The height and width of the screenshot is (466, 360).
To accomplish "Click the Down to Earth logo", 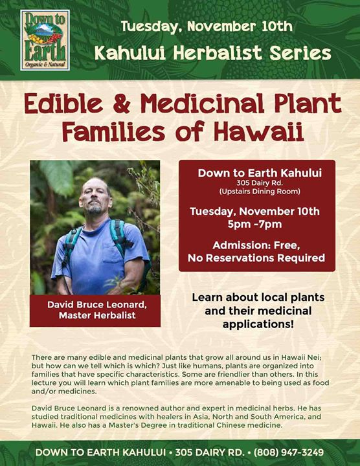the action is coord(45,40).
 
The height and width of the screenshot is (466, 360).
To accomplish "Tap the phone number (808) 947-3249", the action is coord(288,452).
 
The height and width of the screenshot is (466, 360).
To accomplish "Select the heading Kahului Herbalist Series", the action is coord(213,53).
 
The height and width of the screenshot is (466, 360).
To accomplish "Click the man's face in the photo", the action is coord(95,197).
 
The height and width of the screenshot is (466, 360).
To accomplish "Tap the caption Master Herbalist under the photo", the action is coord(97,315).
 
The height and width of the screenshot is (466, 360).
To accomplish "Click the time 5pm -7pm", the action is coord(254,224).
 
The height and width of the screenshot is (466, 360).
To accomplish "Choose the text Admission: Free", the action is coord(256,245).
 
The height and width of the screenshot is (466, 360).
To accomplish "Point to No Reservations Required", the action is coord(256,258).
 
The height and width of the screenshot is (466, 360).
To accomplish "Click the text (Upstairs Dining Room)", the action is coord(260,192).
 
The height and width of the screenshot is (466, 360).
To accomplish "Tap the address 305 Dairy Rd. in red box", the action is coord(260,183).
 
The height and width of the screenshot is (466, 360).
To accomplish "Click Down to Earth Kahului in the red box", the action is coord(260,173).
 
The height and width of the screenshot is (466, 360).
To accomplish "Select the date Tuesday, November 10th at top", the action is coord(207,27).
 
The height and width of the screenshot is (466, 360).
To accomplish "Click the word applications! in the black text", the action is coord(258,324).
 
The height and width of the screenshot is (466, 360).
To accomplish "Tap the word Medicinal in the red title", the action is coord(202,103).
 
